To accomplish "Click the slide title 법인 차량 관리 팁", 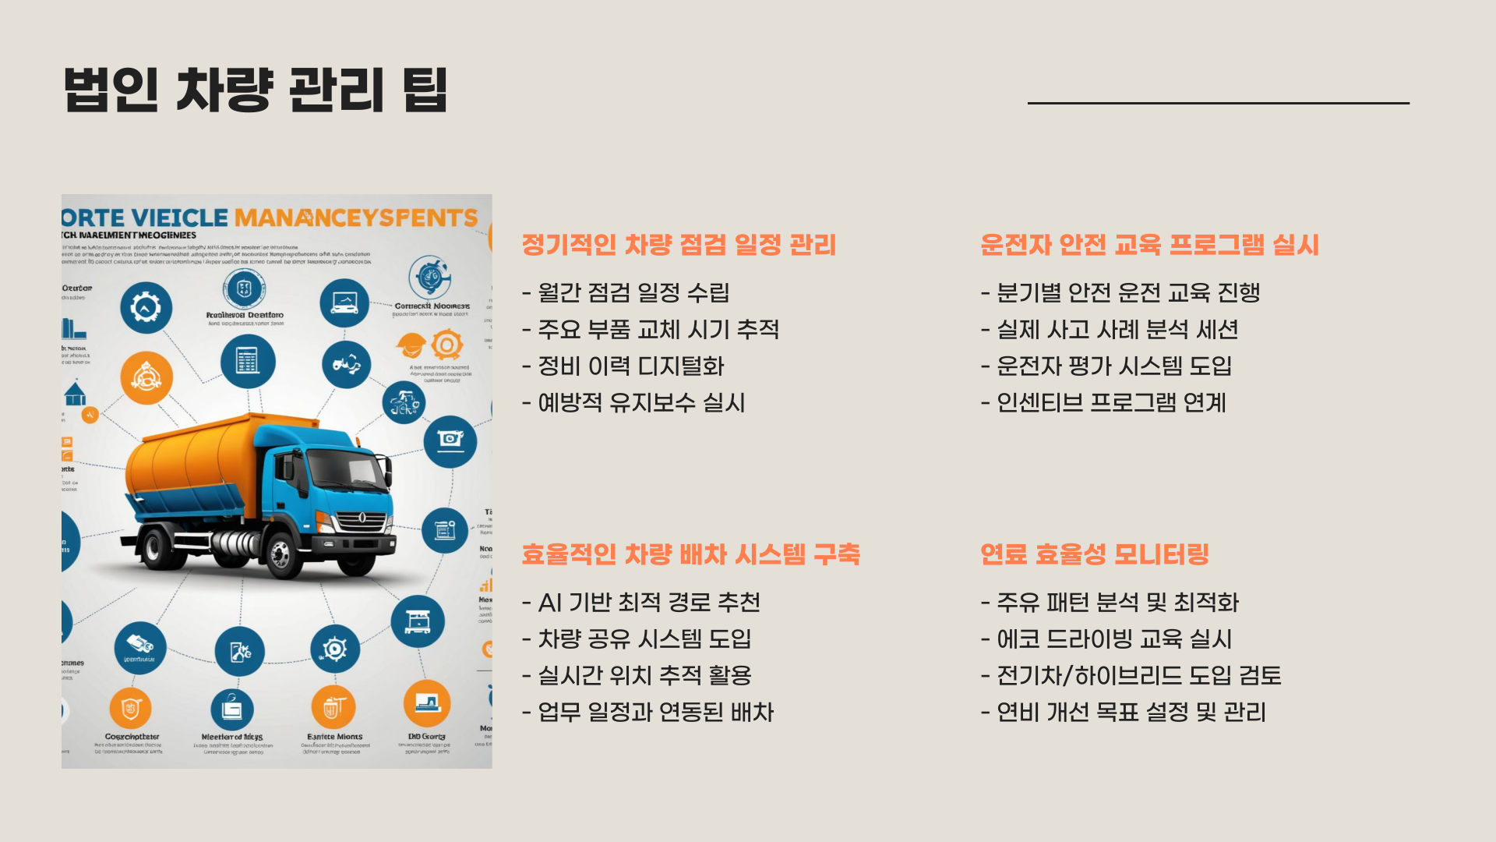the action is [x=256, y=90].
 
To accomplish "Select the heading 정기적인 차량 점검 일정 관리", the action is [x=679, y=245].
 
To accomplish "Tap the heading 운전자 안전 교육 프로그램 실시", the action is [x=1149, y=245].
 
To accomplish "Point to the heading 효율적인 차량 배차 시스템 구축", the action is [x=690, y=554].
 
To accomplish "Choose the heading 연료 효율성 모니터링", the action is [x=1095, y=554].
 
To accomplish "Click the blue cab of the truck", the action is [x=327, y=476].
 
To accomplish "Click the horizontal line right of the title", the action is [x=1218, y=103].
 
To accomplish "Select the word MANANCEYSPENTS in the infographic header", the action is [x=355, y=218].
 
